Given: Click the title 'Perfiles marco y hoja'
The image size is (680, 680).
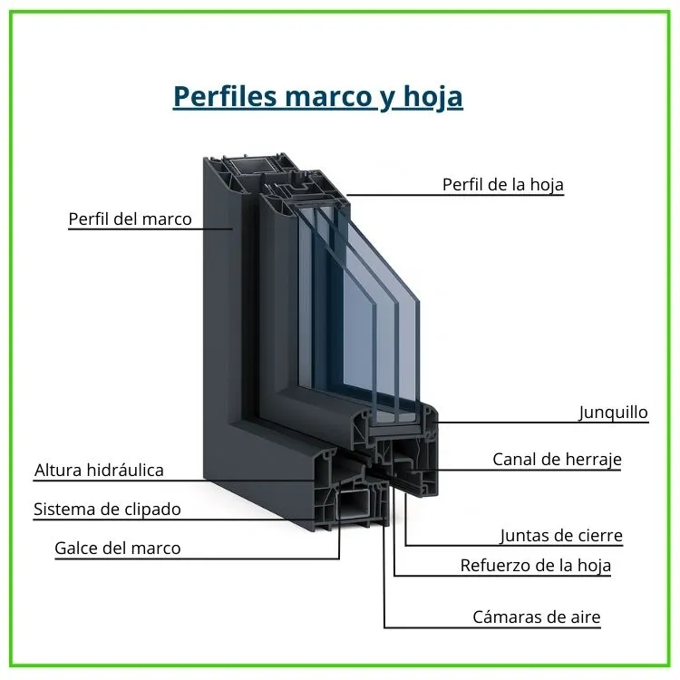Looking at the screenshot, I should click(317, 96).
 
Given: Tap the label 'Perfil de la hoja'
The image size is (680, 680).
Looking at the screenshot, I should click(502, 185).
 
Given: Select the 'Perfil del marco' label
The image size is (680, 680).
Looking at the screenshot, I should click(130, 219).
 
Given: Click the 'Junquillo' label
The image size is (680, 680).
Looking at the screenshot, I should click(614, 413).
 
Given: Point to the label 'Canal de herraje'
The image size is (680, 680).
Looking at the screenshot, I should click(557, 460).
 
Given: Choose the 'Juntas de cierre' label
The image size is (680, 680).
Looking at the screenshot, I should click(561, 536).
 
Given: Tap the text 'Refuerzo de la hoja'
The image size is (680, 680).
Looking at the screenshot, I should click(535, 566).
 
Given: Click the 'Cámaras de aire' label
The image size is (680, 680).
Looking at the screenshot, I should click(536, 617).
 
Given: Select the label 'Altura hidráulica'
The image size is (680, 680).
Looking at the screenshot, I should click(99, 471).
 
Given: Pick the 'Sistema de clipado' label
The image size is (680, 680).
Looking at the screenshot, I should click(107, 510).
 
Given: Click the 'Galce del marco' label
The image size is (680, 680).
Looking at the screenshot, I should click(117, 549).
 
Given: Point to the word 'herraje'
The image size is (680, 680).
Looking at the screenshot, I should click(590, 460).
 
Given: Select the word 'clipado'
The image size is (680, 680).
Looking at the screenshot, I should click(151, 510).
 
